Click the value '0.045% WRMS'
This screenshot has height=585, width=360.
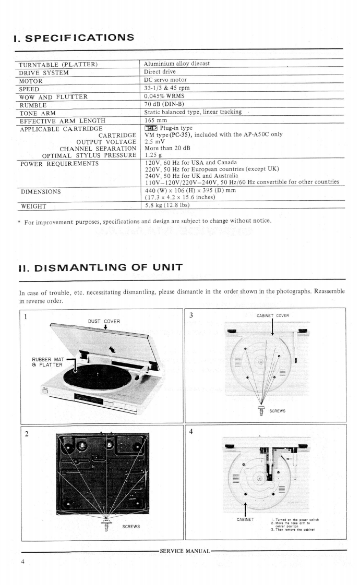tap(164, 96)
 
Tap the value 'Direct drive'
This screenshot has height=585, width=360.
tap(161, 72)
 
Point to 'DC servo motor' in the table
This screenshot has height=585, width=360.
tap(165, 80)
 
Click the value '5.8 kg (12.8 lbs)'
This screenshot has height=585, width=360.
tap(167, 205)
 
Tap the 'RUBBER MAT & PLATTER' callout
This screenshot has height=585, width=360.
tap(47, 361)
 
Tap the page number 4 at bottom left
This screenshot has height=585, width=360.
tap(23, 562)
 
